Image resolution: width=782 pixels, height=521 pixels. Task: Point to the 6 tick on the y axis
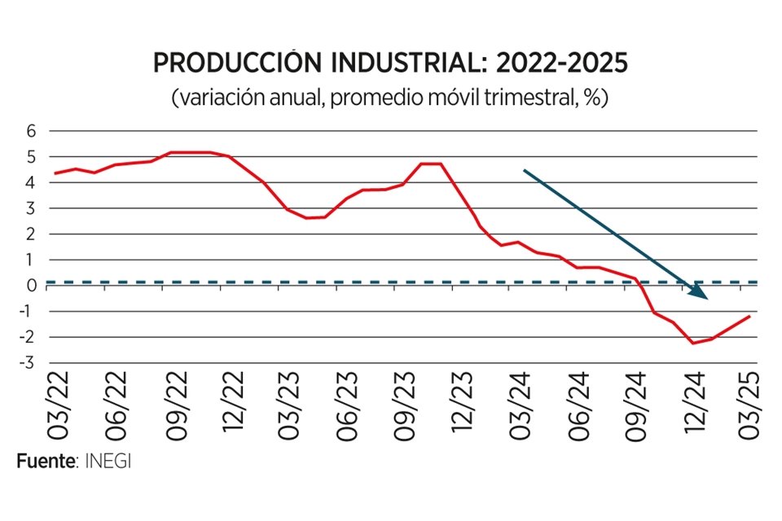pos(32,131)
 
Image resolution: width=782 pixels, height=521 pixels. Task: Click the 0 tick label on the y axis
pos(32,286)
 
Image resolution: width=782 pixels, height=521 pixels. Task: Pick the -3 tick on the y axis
pos(29,363)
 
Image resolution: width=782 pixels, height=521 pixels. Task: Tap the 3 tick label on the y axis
pos(32,208)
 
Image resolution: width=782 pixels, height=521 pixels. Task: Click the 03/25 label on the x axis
pos(749,406)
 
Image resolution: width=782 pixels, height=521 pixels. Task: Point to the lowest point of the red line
pos(693,343)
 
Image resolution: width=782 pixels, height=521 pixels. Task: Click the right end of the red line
pos(749,316)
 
